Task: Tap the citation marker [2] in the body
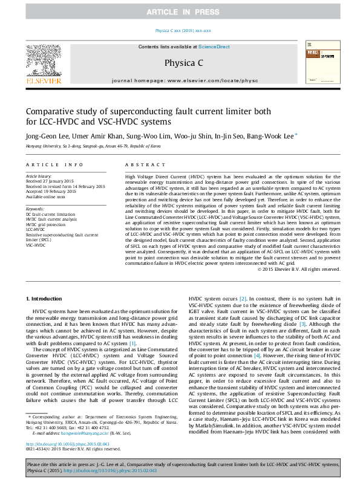pos(243,299)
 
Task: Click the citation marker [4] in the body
pos(257,357)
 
